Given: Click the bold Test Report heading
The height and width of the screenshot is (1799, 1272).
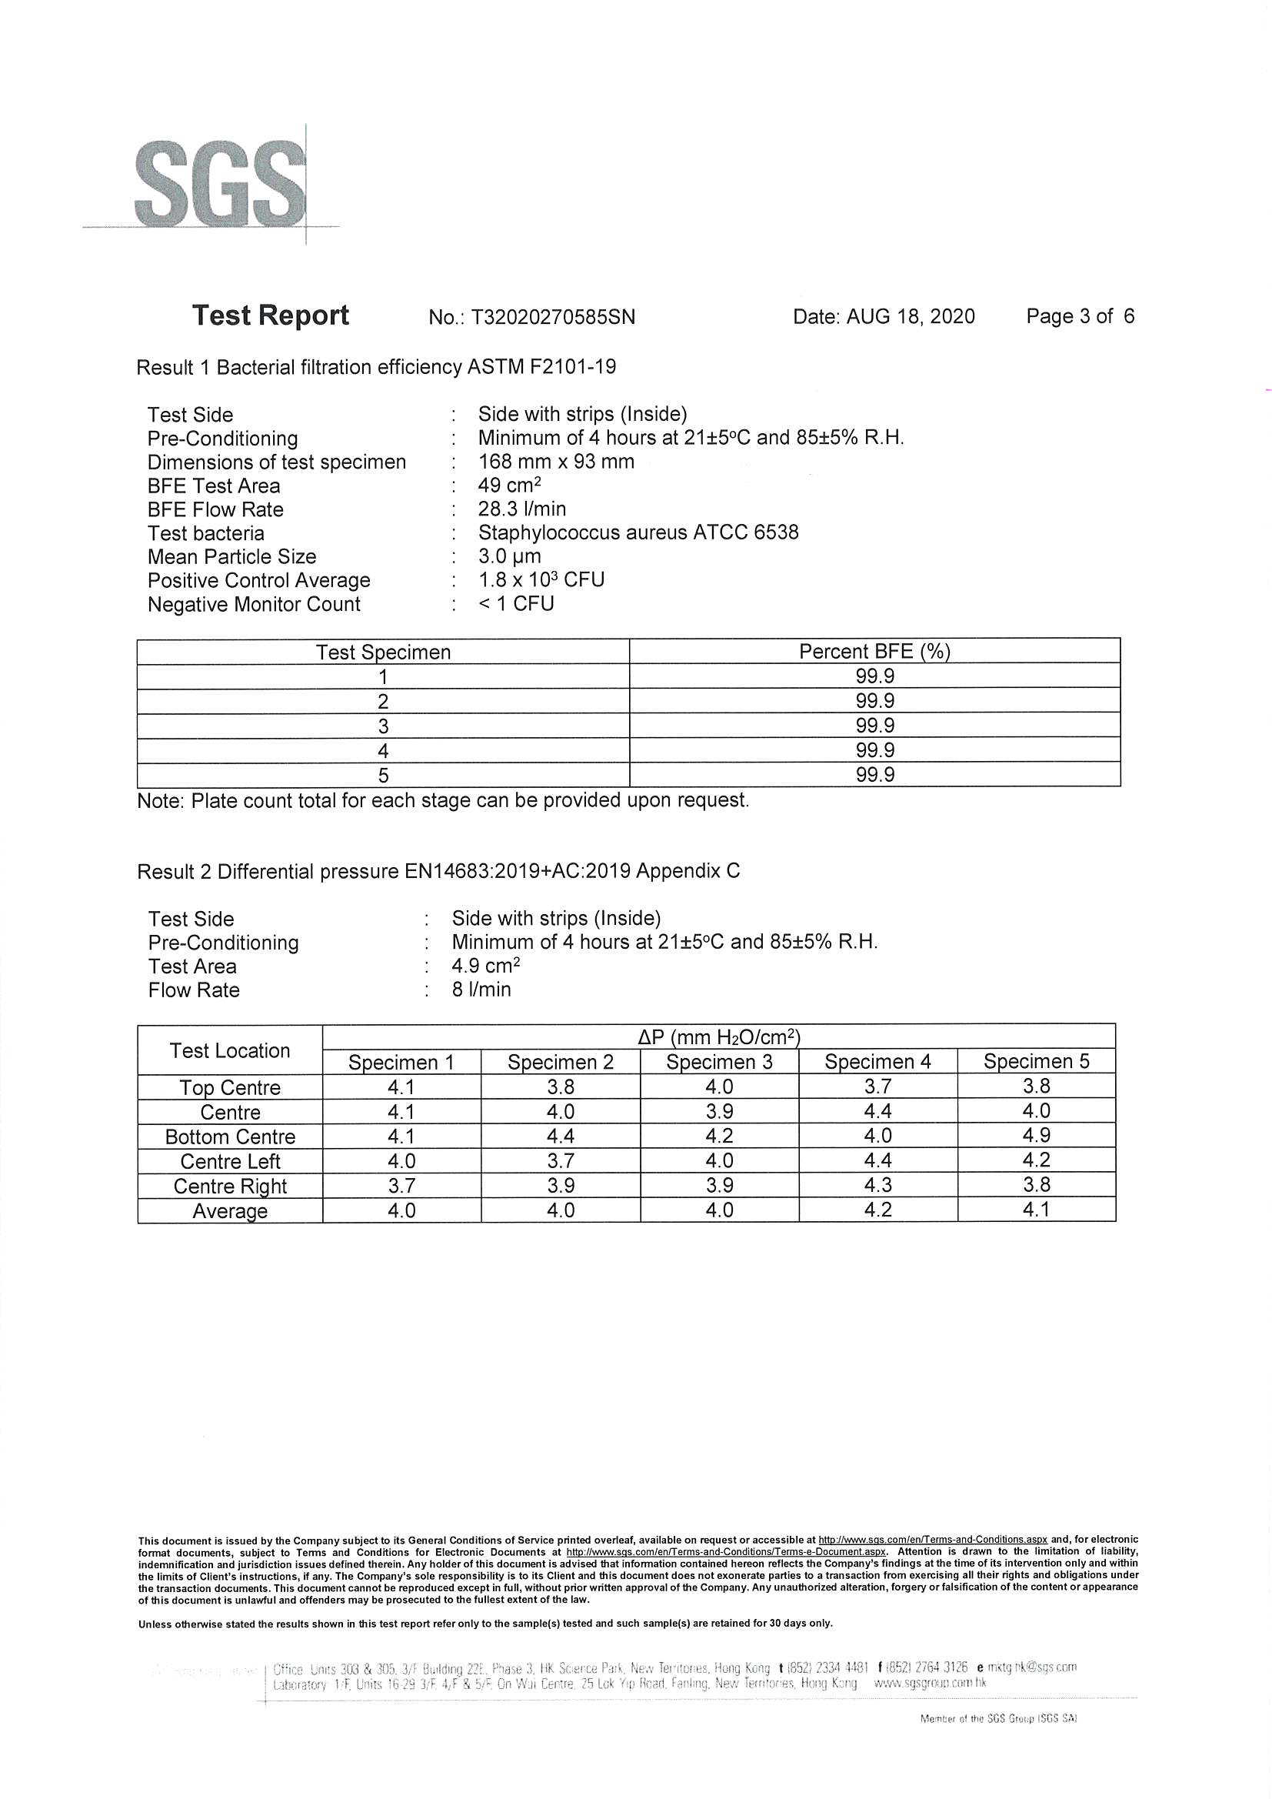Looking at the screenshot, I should [270, 315].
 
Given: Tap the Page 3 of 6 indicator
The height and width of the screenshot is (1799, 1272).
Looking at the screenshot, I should [1080, 316].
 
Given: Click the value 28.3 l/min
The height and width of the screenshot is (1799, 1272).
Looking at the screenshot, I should [521, 509].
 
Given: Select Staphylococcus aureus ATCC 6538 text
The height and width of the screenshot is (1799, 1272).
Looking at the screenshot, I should [638, 532].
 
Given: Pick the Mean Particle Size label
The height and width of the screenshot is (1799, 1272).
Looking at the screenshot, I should [231, 557].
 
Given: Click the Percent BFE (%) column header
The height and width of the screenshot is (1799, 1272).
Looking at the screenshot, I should [874, 652].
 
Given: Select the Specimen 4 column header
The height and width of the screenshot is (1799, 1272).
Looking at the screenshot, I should [877, 1063].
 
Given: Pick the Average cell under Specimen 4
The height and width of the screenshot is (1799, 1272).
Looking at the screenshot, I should [877, 1210].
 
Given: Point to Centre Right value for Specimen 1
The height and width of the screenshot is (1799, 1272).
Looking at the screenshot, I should [401, 1186].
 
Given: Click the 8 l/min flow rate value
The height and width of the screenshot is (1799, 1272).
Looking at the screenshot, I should [481, 990].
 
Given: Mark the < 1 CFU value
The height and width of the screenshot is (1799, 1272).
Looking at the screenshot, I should [516, 604].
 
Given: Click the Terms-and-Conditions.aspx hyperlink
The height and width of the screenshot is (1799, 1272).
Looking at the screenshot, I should [933, 1540].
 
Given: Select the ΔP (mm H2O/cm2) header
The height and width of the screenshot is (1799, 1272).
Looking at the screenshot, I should [718, 1036].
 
